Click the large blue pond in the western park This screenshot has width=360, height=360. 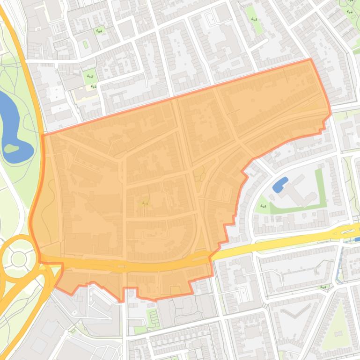pyautogui.click(x=12, y=122)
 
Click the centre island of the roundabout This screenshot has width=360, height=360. pyautogui.click(x=18, y=259)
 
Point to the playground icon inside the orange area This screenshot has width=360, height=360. pyautogui.click(x=145, y=202)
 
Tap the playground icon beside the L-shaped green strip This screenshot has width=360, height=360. pyautogui.click(x=263, y=206)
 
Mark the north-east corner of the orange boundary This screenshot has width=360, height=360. pyautogui.click(x=310, y=59)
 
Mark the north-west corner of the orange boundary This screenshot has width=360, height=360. pyautogui.click(x=43, y=136)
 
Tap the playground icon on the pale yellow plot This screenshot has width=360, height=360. pyautogui.click(x=93, y=86)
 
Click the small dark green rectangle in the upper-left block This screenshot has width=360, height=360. pyautogui.click(x=85, y=44)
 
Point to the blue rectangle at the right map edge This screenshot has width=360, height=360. pyautogui.click(x=357, y=239)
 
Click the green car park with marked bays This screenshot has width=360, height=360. pyautogui.click(x=153, y=317)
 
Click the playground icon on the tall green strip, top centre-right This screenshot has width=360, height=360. pyautogui.click(x=254, y=19)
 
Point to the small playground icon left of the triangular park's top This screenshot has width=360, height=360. pyautogui.click(x=322, y=287)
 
